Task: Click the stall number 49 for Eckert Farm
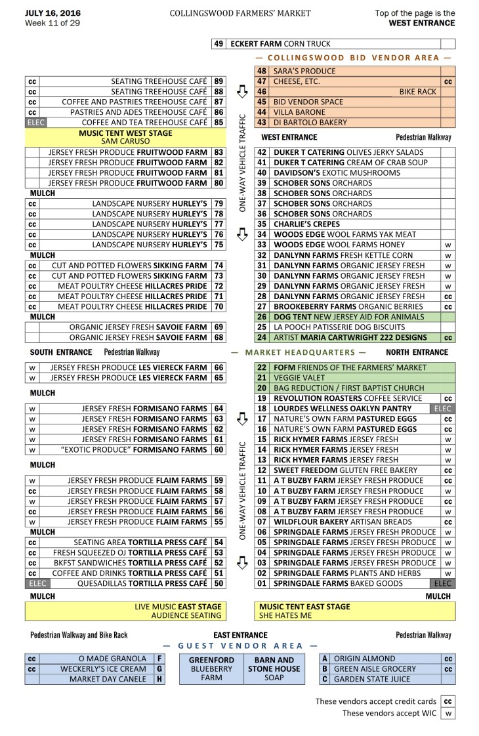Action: pos(219,44)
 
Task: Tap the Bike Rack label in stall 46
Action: pos(417,92)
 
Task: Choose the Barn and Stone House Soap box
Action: pos(274,668)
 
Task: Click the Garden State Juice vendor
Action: pos(371,679)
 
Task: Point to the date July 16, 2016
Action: pos(49,13)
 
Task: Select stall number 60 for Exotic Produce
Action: pos(219,449)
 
